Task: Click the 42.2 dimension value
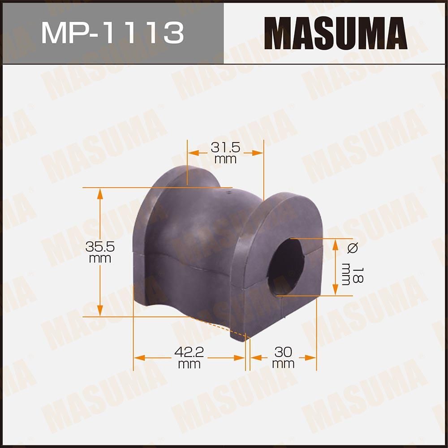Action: coord(189,353)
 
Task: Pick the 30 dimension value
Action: coord(283,353)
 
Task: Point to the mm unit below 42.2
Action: coord(189,364)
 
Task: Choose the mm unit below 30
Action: coord(283,364)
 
